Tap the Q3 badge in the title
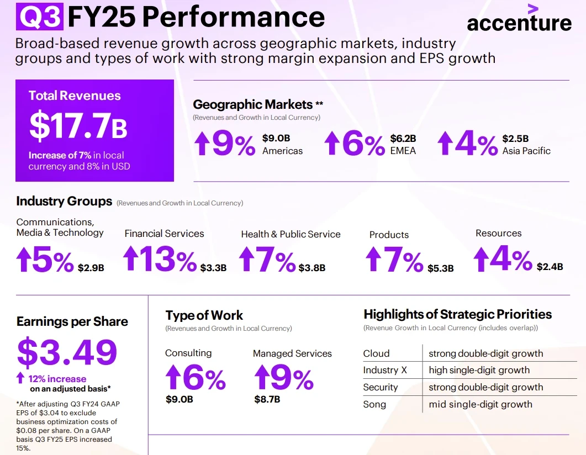(39, 17)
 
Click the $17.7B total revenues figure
(78, 126)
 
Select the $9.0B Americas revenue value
(276, 138)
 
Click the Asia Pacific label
(526, 151)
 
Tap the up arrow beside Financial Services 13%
(130, 258)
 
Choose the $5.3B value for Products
(440, 268)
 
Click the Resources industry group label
(498, 234)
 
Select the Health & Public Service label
(291, 234)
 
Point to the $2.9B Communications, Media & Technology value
(91, 268)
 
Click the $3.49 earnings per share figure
(67, 352)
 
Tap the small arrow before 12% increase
(20, 378)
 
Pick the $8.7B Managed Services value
(267, 399)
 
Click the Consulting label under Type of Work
(188, 353)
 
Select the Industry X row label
(384, 370)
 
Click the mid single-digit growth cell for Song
(481, 404)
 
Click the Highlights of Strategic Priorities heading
(457, 314)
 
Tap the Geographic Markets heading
(252, 104)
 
